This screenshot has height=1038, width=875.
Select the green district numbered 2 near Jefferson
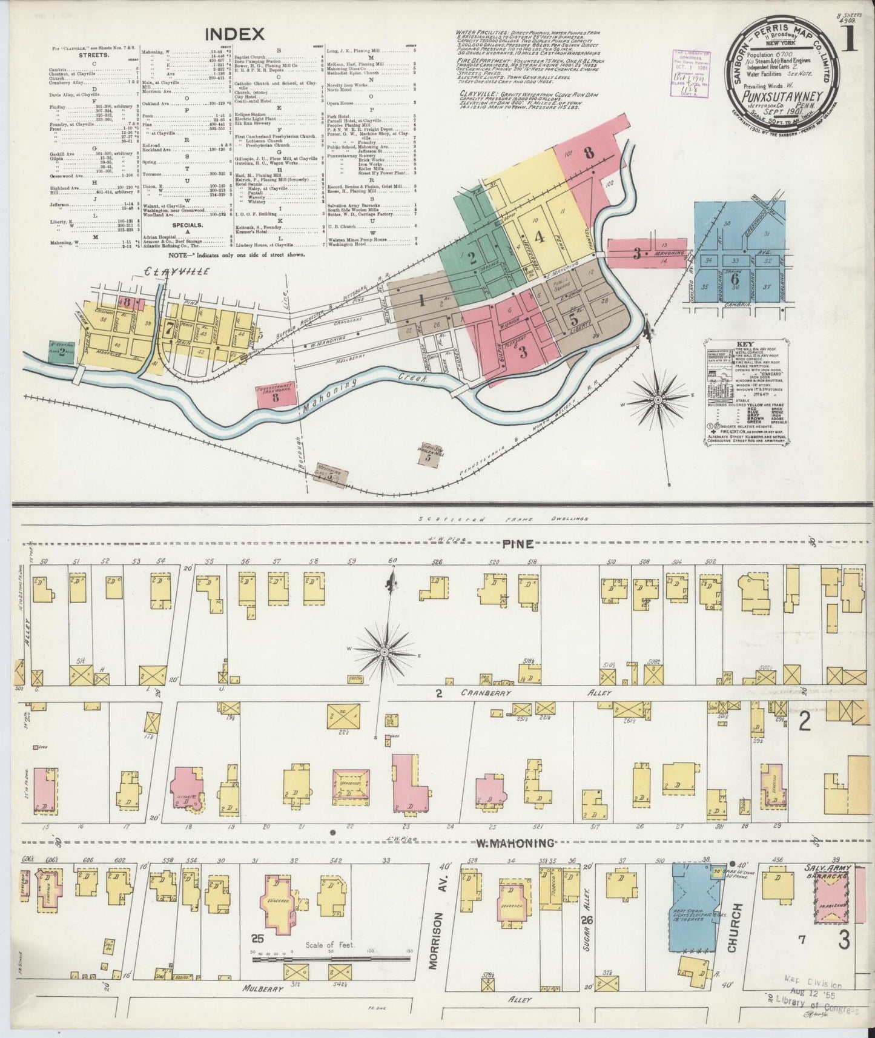click(x=472, y=258)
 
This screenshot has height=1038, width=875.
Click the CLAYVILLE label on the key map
click(x=179, y=271)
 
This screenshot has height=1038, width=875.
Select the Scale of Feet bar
click(x=330, y=958)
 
